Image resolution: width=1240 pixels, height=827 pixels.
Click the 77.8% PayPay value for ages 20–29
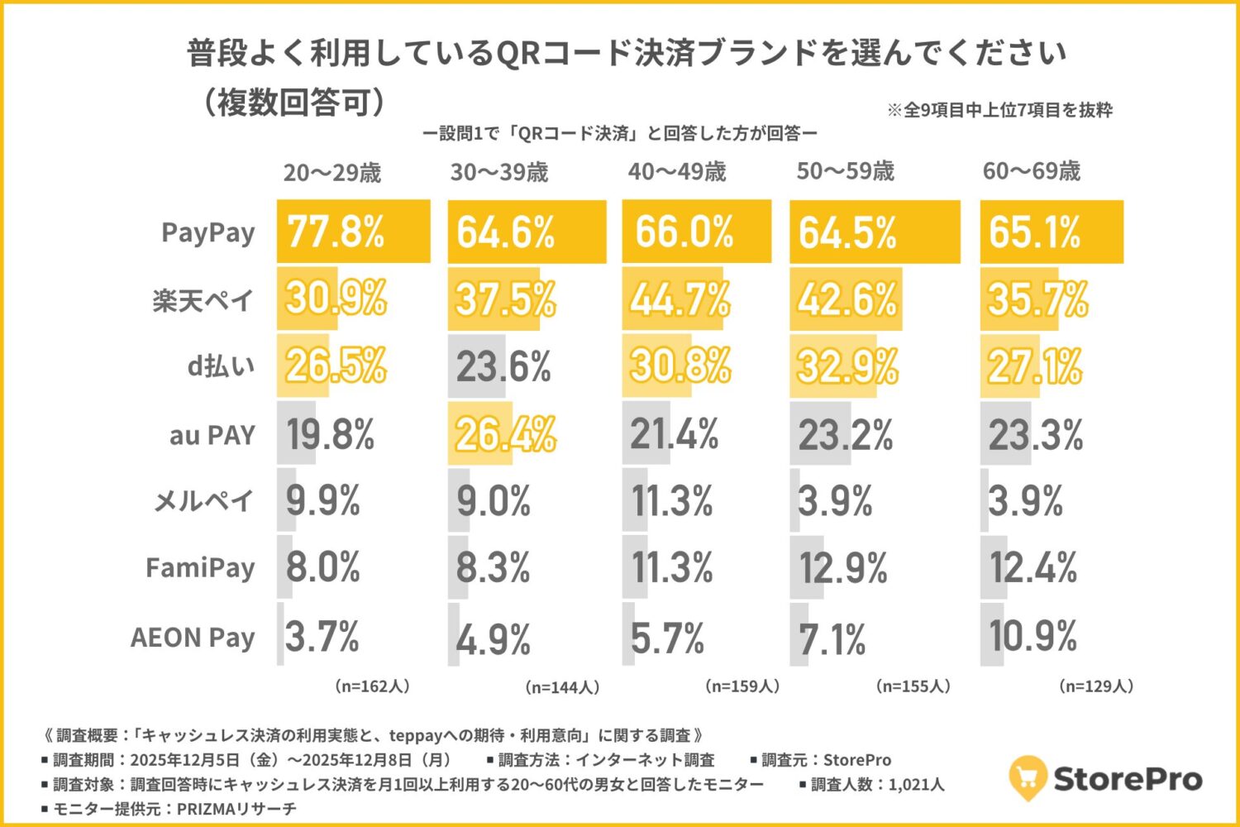coord(336,232)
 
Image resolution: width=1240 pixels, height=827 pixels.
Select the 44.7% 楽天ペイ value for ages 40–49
coord(680,299)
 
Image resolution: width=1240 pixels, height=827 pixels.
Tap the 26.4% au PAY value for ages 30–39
coord(505,434)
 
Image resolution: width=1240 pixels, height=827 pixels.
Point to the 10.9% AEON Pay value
coord(1033,636)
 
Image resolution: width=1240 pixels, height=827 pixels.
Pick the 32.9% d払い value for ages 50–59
coord(847,366)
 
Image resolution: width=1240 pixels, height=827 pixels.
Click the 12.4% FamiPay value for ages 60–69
coord(1033,568)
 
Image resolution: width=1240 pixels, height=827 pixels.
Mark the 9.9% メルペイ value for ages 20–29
coord(323,500)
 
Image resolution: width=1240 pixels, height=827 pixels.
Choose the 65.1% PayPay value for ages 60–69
coord(1035,232)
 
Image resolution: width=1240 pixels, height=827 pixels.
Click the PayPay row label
coord(208,232)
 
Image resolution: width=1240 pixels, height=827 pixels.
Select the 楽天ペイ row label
coord(203,300)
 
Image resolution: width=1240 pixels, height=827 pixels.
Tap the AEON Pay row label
coord(193,638)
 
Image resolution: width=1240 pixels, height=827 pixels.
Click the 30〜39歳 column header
coord(499,172)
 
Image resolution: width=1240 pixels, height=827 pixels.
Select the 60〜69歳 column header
coord(1032,171)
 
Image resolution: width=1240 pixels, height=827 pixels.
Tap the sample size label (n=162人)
coord(372,686)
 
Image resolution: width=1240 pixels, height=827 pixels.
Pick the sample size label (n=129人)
coord(1096,686)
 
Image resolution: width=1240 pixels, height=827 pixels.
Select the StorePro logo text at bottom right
coord(1128,778)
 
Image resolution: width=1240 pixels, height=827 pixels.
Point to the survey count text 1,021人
coord(916,784)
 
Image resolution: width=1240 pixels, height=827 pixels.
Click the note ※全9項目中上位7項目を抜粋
coord(999,110)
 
